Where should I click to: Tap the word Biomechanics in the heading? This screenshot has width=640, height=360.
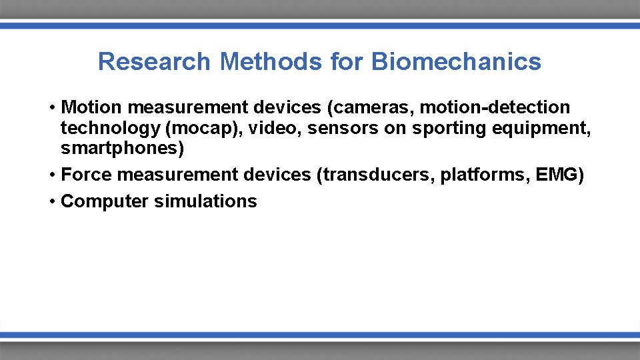pyautogui.click(x=456, y=62)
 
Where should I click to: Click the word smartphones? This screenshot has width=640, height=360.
pyautogui.click(x=120, y=147)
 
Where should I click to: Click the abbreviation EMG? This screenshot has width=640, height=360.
pyautogui.click(x=557, y=175)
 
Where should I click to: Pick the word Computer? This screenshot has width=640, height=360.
pyautogui.click(x=105, y=201)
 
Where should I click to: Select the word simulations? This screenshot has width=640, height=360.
pyautogui.click(x=205, y=201)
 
